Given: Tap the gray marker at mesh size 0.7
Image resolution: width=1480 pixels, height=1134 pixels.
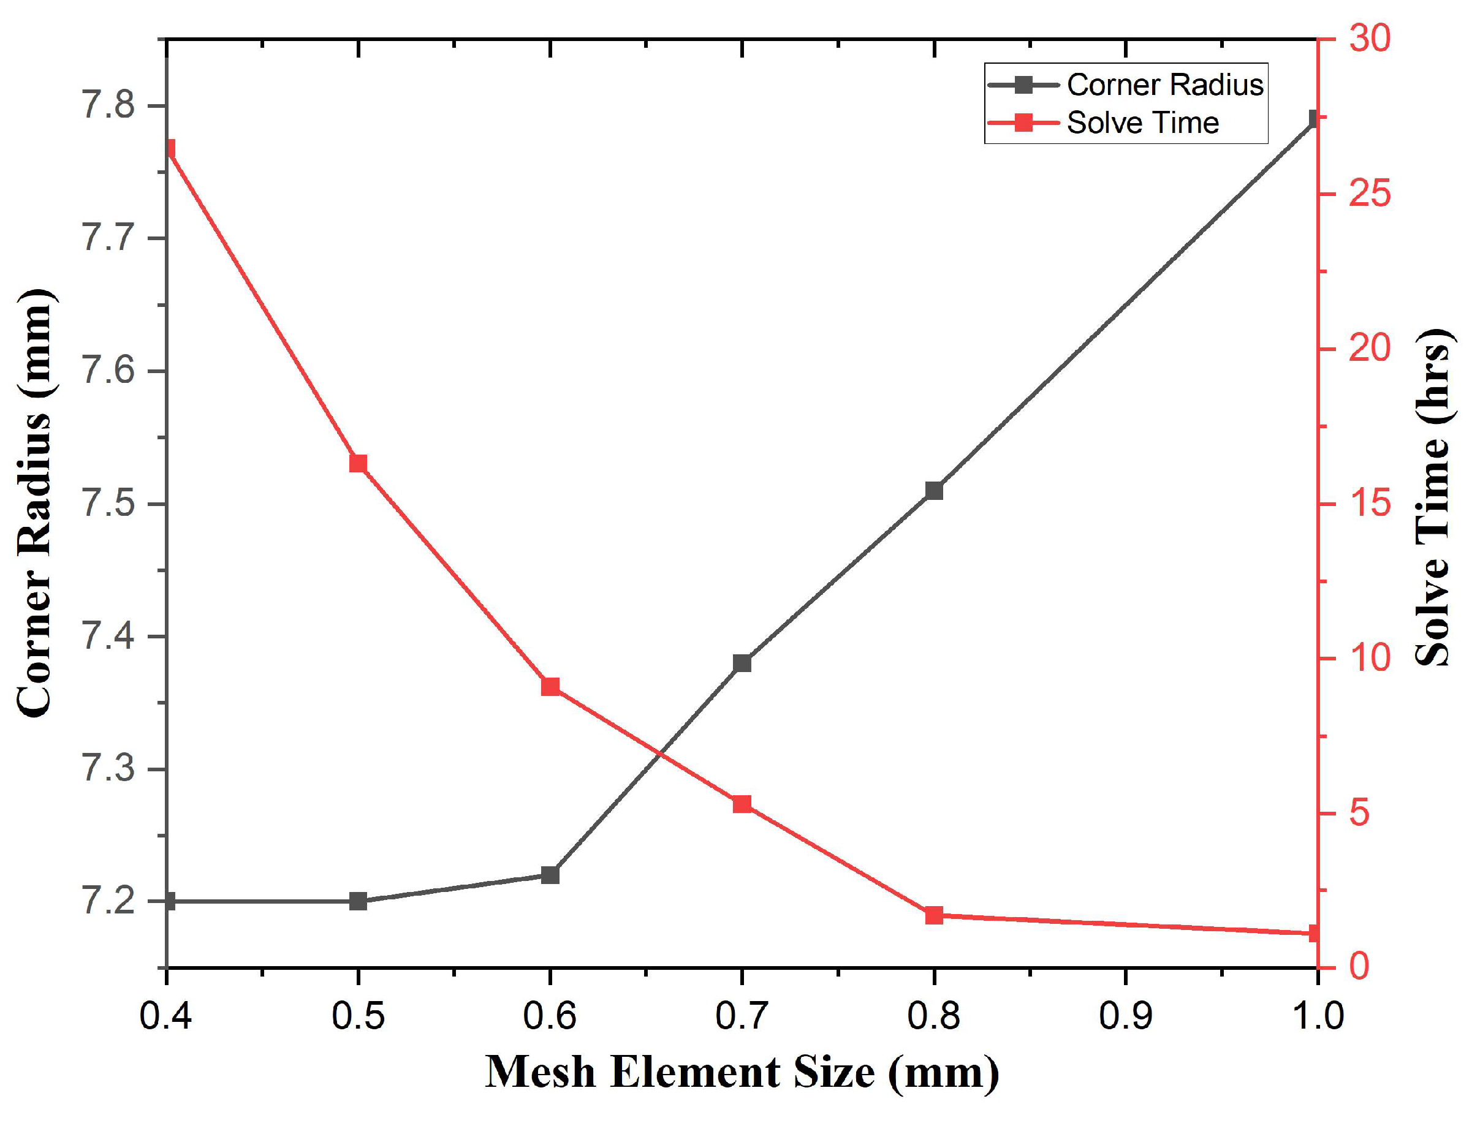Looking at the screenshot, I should pyautogui.click(x=742, y=663).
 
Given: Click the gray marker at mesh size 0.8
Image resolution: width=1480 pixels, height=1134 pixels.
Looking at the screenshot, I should pyautogui.click(x=934, y=490).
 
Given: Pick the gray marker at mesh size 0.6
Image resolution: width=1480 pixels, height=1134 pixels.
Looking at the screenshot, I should pyautogui.click(x=550, y=875).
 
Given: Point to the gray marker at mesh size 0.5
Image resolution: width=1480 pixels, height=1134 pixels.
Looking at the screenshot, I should pyautogui.click(x=358, y=901).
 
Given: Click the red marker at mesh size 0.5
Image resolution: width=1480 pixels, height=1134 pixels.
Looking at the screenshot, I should pyautogui.click(x=358, y=463).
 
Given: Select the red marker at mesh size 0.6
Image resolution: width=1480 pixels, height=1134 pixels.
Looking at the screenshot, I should pyautogui.click(x=550, y=687).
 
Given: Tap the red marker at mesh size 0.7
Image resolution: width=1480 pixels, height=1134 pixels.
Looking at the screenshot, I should pyautogui.click(x=742, y=803).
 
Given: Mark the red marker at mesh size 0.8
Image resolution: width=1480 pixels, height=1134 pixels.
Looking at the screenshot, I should pyautogui.click(x=934, y=915).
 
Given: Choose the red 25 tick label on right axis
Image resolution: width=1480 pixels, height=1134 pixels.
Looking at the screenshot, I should pyautogui.click(x=1369, y=194).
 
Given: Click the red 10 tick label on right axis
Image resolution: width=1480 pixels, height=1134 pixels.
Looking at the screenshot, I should pyautogui.click(x=1369, y=657).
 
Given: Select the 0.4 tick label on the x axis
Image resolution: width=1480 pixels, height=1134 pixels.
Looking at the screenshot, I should pyautogui.click(x=165, y=1015).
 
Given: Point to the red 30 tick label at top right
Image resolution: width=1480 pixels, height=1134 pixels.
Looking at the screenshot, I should pyautogui.click(x=1369, y=38).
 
